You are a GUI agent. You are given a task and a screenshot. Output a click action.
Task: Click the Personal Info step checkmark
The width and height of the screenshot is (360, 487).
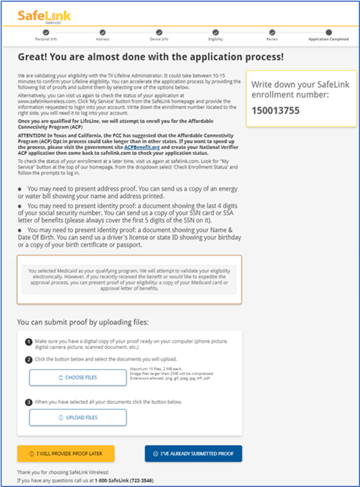tap(46, 33)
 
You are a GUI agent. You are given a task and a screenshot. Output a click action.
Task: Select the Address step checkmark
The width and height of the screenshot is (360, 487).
tap(102, 33)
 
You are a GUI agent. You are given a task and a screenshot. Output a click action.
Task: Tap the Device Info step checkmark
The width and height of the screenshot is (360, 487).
tap(159, 33)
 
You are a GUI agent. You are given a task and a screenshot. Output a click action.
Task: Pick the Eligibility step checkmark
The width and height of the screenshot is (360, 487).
tap(216, 33)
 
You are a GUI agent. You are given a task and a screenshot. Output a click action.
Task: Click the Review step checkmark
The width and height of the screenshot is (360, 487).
tap(272, 33)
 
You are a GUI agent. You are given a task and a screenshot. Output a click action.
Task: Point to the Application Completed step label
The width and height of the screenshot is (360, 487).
tap(328, 39)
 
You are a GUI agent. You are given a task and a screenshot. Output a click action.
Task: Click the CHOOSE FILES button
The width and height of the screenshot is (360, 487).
tap(78, 378)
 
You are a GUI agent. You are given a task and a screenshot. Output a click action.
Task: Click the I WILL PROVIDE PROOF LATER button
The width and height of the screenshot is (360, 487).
tap(65, 454)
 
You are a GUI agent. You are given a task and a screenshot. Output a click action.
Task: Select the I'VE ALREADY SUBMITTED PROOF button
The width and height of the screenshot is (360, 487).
tap(193, 454)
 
